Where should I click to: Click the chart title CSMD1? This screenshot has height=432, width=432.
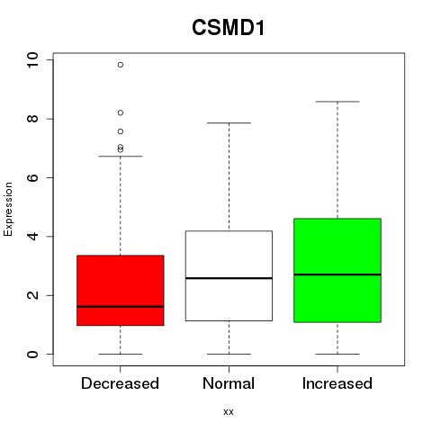(229, 28)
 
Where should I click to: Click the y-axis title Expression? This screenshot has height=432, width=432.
(8, 209)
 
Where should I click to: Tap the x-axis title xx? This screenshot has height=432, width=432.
(229, 411)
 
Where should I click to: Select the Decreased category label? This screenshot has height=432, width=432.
(120, 383)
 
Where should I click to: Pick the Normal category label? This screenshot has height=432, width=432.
(229, 383)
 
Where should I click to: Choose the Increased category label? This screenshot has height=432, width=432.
(337, 383)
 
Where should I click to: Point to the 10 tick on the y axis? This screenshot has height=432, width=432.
(32, 60)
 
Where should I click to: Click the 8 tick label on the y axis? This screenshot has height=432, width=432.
(32, 119)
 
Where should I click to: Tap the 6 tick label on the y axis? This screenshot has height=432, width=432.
(32, 177)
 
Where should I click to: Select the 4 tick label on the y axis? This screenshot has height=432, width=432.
(32, 237)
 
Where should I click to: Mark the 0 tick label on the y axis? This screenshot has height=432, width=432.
(32, 354)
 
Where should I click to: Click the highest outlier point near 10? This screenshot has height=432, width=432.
(121, 65)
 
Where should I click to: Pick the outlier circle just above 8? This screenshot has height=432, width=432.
(121, 112)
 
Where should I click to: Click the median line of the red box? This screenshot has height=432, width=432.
(121, 307)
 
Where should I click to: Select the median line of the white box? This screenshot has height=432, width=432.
(229, 278)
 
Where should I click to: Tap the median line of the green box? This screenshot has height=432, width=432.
(337, 274)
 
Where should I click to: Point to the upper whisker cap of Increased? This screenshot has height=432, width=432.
(337, 102)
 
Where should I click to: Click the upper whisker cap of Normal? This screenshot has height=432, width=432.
(229, 123)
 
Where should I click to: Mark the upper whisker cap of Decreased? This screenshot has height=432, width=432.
(121, 157)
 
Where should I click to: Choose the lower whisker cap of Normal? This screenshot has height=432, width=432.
(229, 354)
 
